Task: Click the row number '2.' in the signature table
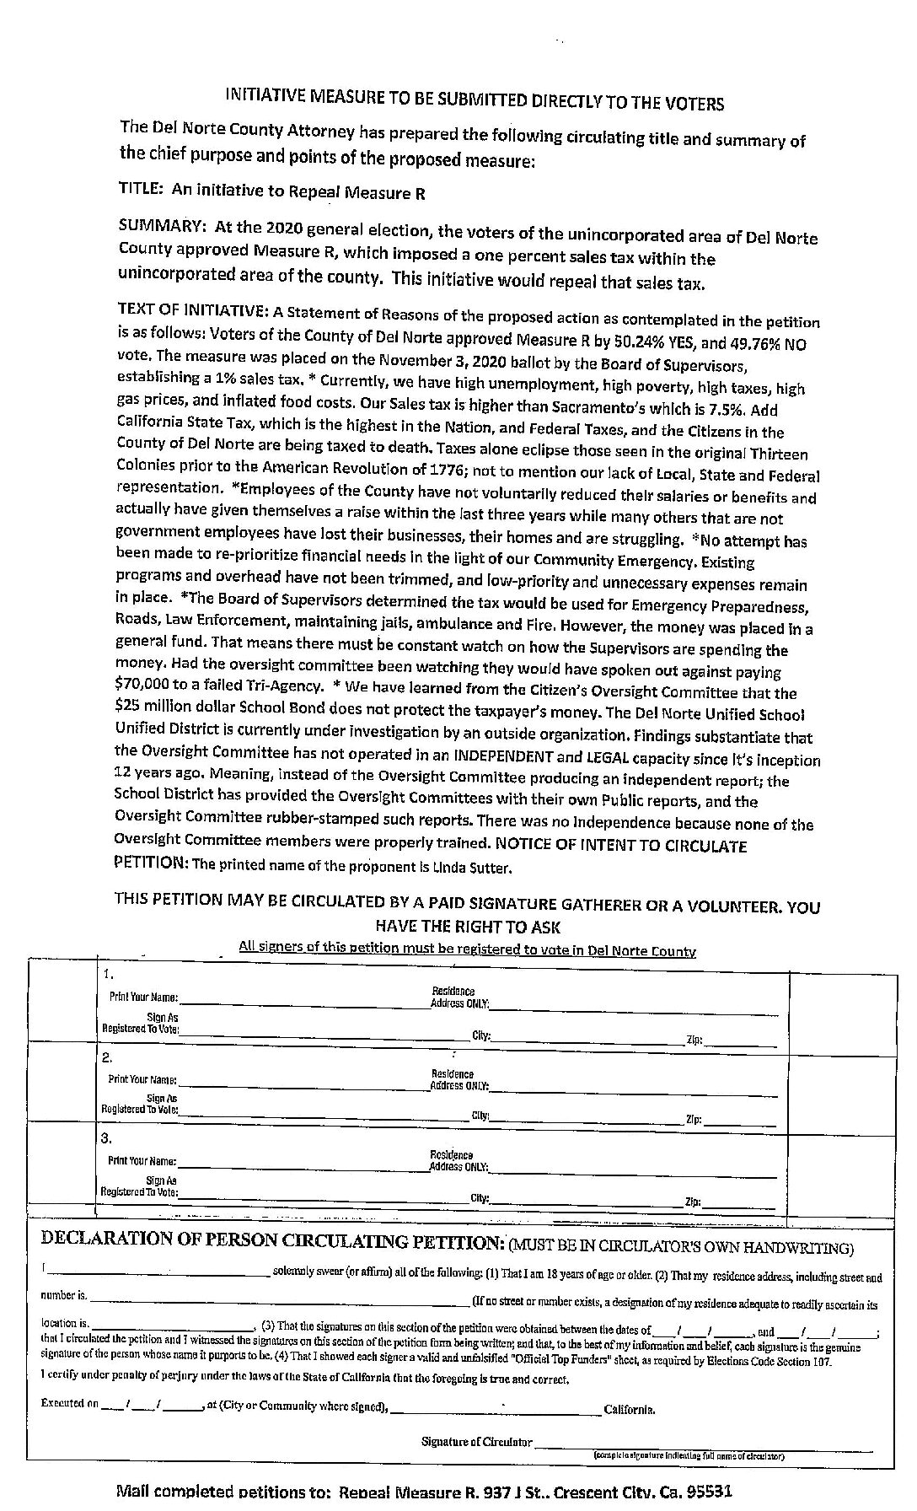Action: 108,1057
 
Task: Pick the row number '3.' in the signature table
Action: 107,1138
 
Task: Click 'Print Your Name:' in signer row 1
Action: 142,997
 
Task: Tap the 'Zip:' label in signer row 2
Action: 694,1121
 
